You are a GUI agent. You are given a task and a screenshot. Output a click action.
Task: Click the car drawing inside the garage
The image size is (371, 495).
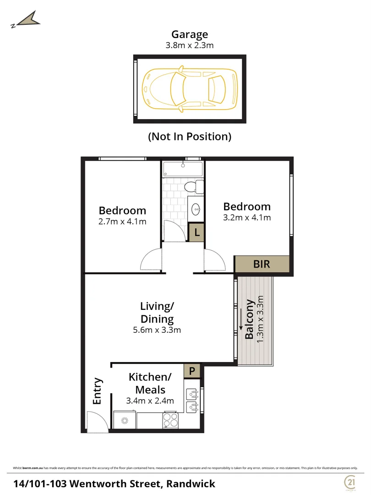[190, 89]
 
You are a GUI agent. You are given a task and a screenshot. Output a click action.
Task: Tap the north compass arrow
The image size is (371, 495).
[27, 20]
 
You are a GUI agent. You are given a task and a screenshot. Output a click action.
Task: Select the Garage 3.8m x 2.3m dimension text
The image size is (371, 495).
[190, 45]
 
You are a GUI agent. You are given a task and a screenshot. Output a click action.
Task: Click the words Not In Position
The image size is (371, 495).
[190, 136]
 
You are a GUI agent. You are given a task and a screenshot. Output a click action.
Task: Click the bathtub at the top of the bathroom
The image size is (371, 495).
[183, 169]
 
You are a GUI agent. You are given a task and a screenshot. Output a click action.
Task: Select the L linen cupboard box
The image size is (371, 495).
[196, 232]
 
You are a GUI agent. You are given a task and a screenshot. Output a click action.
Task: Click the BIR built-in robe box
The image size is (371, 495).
[262, 264]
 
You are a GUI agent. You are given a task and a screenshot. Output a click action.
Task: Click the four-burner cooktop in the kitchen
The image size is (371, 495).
[170, 420]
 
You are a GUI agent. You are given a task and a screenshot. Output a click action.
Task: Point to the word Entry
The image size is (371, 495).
[97, 390]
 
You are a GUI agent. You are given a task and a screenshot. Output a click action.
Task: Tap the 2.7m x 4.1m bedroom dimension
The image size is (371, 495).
[122, 222]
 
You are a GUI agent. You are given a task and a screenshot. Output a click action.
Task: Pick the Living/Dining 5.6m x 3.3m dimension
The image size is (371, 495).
[157, 330]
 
